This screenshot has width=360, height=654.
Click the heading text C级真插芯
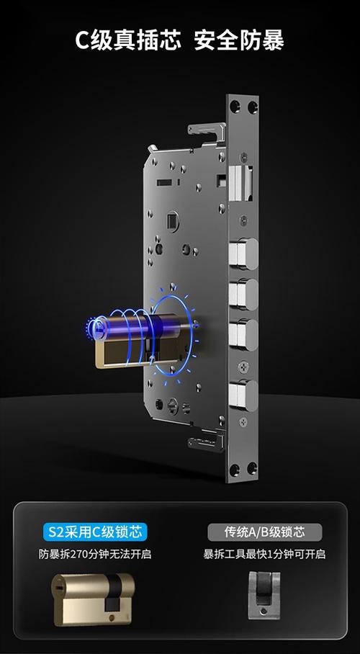click(128, 40)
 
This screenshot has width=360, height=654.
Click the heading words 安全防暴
click(239, 40)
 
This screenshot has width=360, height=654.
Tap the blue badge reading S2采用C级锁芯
click(95, 532)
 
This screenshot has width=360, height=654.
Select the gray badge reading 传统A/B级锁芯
click(265, 532)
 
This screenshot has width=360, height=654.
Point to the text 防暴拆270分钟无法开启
click(95, 555)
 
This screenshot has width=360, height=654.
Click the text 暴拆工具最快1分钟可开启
click(264, 555)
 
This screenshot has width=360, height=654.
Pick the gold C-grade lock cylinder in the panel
click(93, 599)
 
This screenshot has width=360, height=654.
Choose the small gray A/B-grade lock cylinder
click(264, 595)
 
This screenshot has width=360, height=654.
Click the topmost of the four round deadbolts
click(243, 254)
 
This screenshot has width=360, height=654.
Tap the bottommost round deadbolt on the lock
click(243, 395)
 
